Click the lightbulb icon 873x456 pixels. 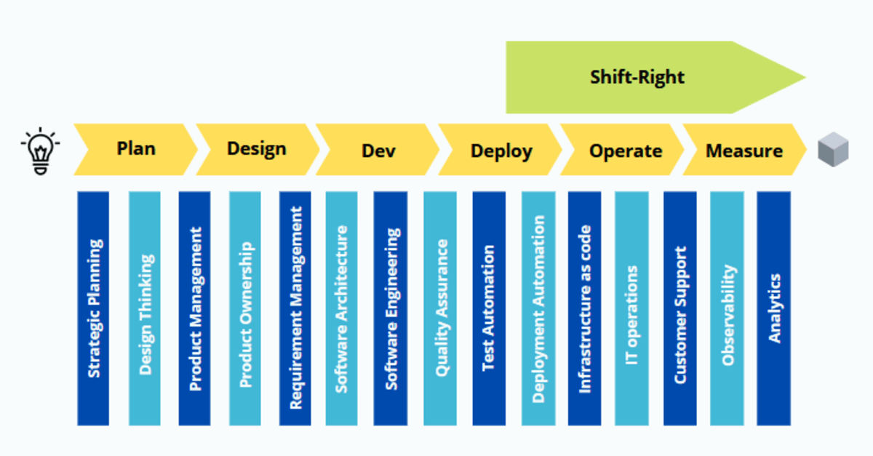40,150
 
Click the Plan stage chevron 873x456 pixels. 136,150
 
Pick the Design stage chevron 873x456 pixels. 257,150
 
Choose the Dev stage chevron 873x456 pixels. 378,150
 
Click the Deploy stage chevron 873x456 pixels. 501,150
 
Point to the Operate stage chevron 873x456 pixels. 624,150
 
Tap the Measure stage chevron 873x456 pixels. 744,150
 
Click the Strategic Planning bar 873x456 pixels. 93,308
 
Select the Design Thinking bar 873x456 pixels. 144,308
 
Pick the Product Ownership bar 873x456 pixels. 244,308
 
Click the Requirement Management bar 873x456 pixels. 295,308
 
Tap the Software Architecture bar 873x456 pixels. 341,308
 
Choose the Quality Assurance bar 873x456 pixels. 440,308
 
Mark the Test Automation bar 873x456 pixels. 488,308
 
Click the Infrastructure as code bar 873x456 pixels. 584,308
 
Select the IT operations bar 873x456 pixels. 631,308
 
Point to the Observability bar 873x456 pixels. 727,308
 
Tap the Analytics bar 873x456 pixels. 773,308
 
